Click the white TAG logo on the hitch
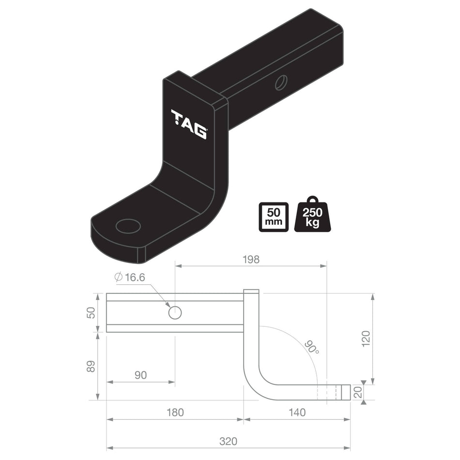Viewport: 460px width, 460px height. pos(189,124)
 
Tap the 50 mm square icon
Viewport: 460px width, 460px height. pos(274,217)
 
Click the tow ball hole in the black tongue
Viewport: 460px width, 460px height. pos(128,226)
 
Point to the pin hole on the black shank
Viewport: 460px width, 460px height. pos(281,82)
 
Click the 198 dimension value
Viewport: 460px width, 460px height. pos(251,260)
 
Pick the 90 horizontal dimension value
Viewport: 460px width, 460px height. pos(140,375)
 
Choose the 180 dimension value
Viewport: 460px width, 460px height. pos(175,413)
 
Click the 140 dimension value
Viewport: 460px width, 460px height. pos(296,413)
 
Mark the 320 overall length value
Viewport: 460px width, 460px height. pos(228,441)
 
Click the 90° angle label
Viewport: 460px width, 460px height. pos(312,347)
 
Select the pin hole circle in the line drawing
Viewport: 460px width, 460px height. pos(175,313)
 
